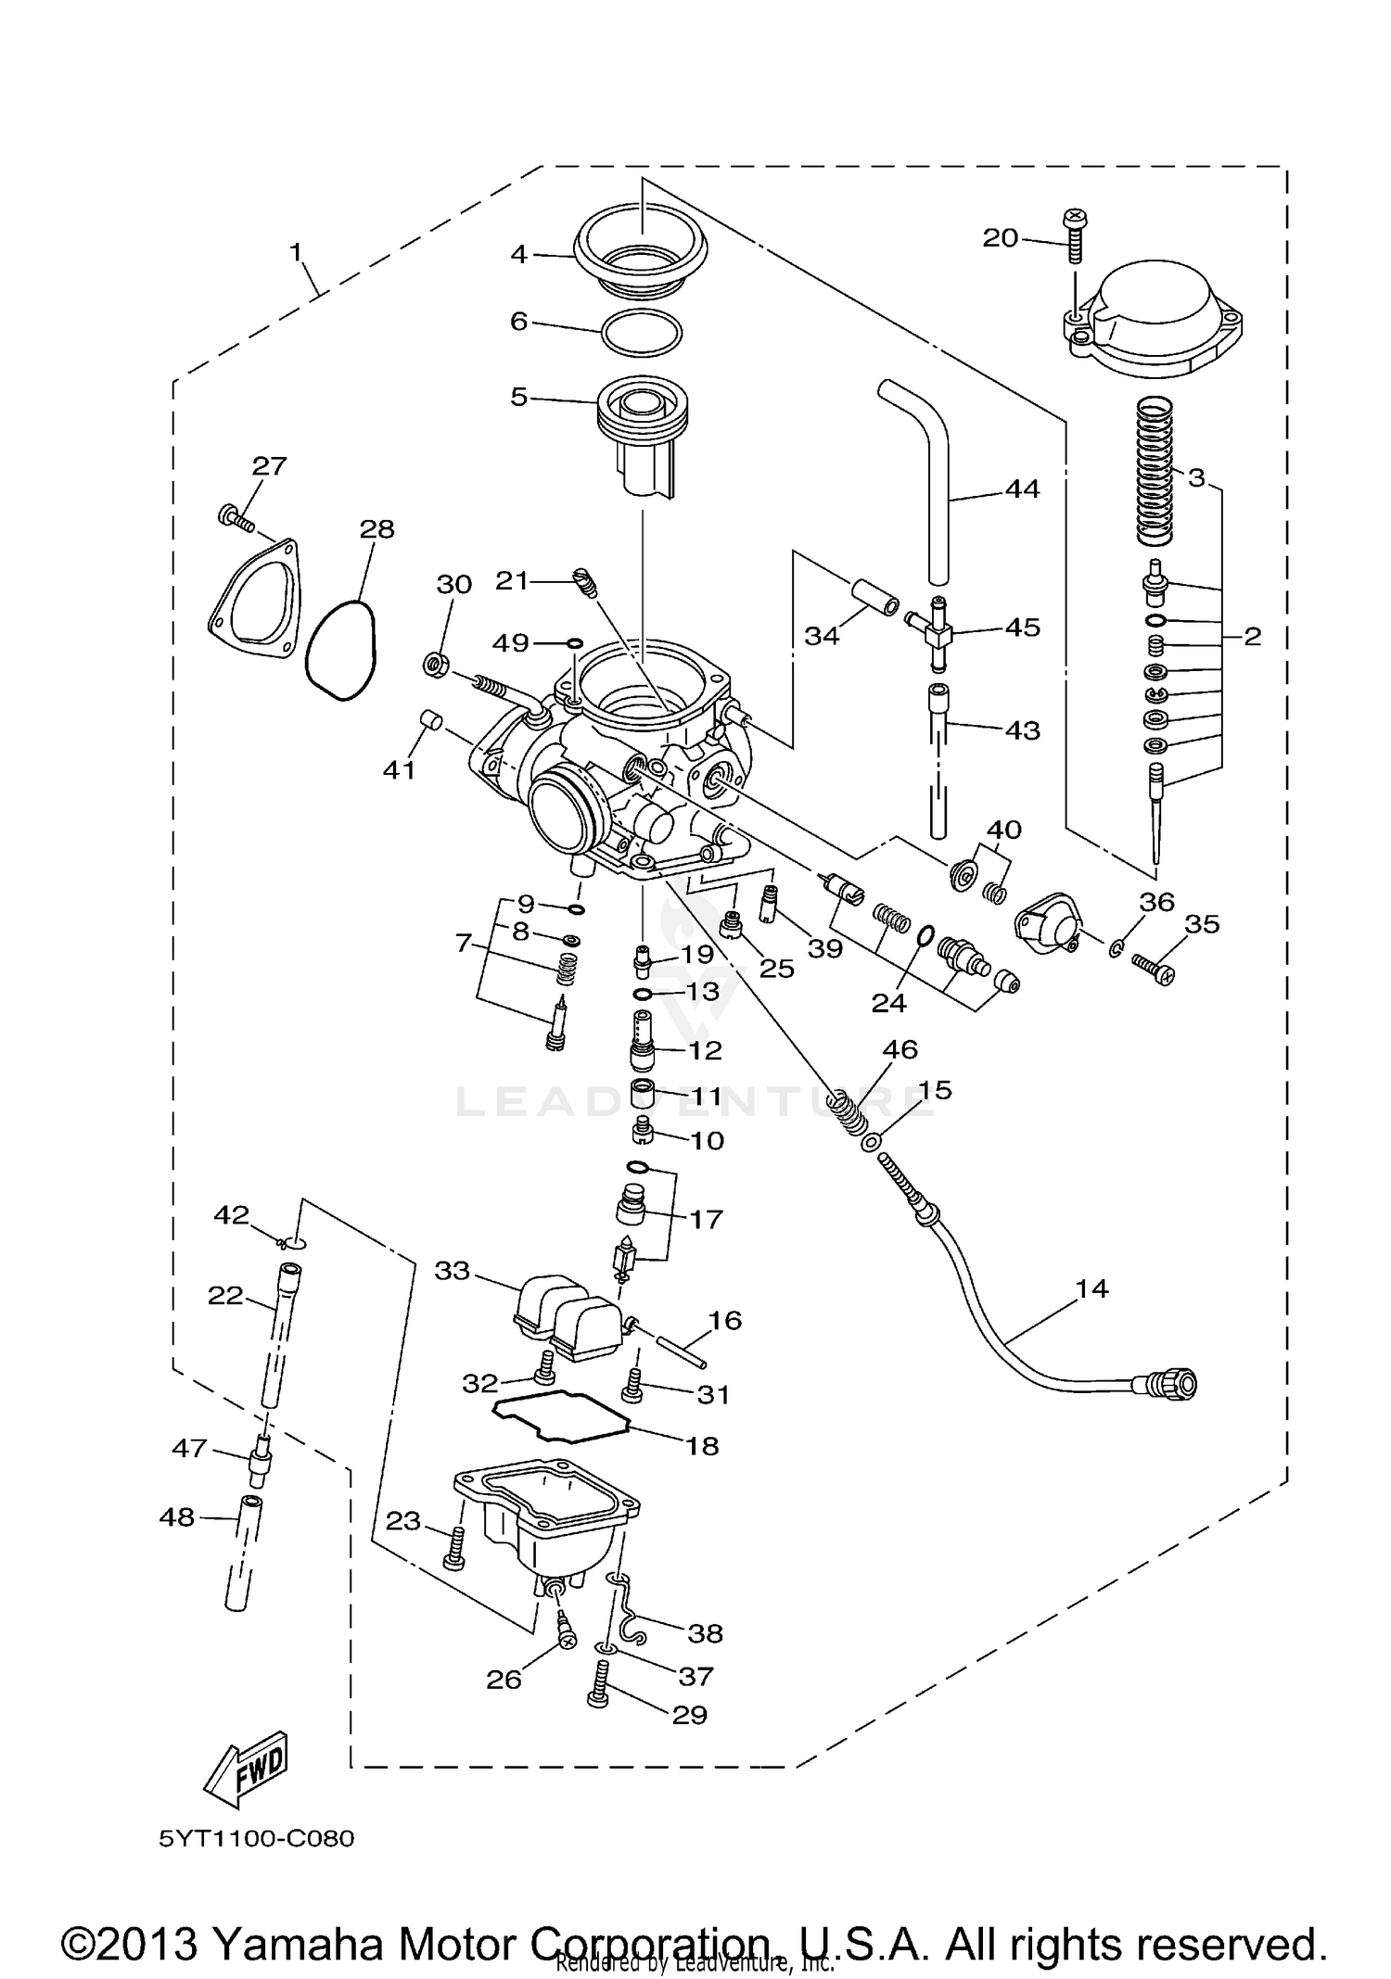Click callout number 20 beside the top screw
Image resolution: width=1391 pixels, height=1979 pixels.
click(x=1000, y=238)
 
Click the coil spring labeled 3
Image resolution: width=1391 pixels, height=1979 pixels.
click(x=1155, y=470)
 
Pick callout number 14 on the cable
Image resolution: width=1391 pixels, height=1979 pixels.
click(x=1091, y=1288)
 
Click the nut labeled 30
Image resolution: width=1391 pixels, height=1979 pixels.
click(x=435, y=664)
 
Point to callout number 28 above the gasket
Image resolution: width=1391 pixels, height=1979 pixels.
click(x=377, y=529)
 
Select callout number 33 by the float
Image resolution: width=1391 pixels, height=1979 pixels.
click(x=453, y=1271)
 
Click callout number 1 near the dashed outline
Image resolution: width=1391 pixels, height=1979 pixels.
click(x=296, y=252)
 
